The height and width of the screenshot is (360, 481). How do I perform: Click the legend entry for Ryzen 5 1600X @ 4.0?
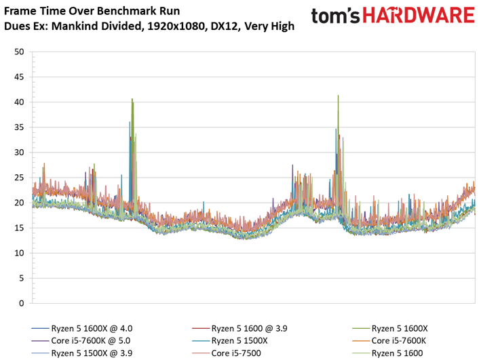pos(82,328)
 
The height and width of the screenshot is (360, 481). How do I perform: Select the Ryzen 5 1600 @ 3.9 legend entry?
pos(239,328)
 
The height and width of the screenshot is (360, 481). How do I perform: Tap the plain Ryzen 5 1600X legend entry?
pos(390,328)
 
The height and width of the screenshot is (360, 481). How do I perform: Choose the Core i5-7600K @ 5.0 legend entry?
pos(81,341)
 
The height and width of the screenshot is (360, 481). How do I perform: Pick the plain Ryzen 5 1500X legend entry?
pos(230,341)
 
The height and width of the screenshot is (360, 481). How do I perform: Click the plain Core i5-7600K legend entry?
pos(389,341)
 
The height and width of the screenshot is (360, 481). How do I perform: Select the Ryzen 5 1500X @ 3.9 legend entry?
pos(82,353)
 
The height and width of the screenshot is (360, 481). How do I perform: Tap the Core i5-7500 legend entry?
pos(227,353)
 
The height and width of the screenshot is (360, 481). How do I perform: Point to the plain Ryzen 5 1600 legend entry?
pos(387,353)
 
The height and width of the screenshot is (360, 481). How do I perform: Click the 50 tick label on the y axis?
pos(19,52)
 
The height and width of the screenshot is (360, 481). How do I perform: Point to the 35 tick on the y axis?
pos(19,127)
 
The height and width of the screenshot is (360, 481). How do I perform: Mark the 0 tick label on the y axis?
pos(22,303)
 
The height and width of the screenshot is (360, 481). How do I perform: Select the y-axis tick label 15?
pos(19,228)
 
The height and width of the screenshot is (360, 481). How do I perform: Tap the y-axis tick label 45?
pos(19,77)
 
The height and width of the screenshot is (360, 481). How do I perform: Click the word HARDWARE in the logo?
pos(419,16)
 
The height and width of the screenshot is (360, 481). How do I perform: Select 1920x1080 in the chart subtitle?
pos(176,26)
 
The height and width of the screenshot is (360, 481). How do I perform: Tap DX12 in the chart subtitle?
pos(225,26)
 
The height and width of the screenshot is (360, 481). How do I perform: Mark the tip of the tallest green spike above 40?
pos(338,96)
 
